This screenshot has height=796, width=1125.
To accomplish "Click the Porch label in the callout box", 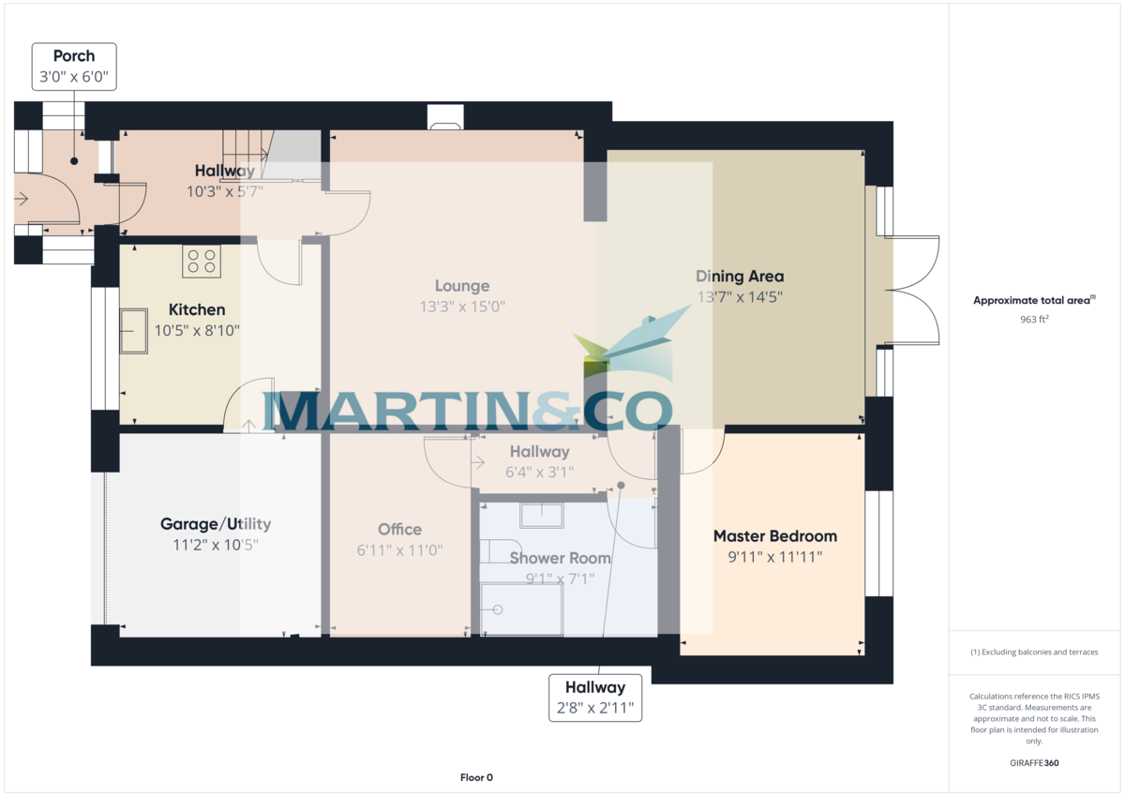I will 74,56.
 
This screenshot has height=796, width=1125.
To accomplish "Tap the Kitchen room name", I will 197,310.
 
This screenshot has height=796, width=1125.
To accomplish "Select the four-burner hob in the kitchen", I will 201,262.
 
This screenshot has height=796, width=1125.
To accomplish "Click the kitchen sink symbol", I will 133,331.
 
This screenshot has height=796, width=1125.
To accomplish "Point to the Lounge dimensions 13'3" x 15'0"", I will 462,306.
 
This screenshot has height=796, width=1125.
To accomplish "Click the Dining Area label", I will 740,277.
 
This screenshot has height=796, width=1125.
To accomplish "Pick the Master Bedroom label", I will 774,536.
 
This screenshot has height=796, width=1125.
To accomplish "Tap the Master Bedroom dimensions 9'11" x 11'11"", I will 774,557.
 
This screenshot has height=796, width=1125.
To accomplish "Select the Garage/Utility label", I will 216,524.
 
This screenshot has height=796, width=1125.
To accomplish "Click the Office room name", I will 399,530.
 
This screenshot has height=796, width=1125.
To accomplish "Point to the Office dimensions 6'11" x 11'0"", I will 399,550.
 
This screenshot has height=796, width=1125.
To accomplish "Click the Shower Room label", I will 560,558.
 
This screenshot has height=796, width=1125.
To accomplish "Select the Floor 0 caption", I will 476,777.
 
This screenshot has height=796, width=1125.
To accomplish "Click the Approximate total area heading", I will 1033,301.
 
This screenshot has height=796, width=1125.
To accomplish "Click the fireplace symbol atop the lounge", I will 444,116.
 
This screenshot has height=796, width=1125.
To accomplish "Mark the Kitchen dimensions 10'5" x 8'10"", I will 197,330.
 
